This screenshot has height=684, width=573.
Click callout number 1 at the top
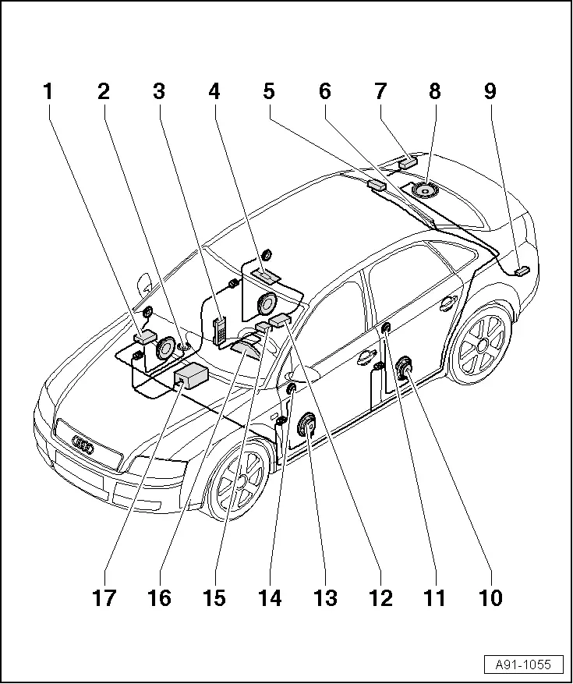[x=48, y=91]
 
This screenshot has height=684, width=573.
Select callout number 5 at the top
[x=269, y=91]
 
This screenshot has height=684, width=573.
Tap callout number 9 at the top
[x=490, y=91]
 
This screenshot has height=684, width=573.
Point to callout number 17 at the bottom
[x=104, y=598]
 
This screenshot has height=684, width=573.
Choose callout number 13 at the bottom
[x=324, y=598]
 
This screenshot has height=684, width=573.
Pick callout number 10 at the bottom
[x=490, y=598]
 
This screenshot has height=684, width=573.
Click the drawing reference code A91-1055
[x=523, y=665]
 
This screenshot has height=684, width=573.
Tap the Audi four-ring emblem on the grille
[x=82, y=445]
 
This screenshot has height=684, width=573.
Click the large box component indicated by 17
[x=192, y=377]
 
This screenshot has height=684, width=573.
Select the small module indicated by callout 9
[x=522, y=271]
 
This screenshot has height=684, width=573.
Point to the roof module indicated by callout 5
[x=377, y=185]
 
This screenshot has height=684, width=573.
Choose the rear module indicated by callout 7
[x=408, y=163]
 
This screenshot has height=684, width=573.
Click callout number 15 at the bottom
[x=214, y=598]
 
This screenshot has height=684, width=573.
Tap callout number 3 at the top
[x=159, y=91]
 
